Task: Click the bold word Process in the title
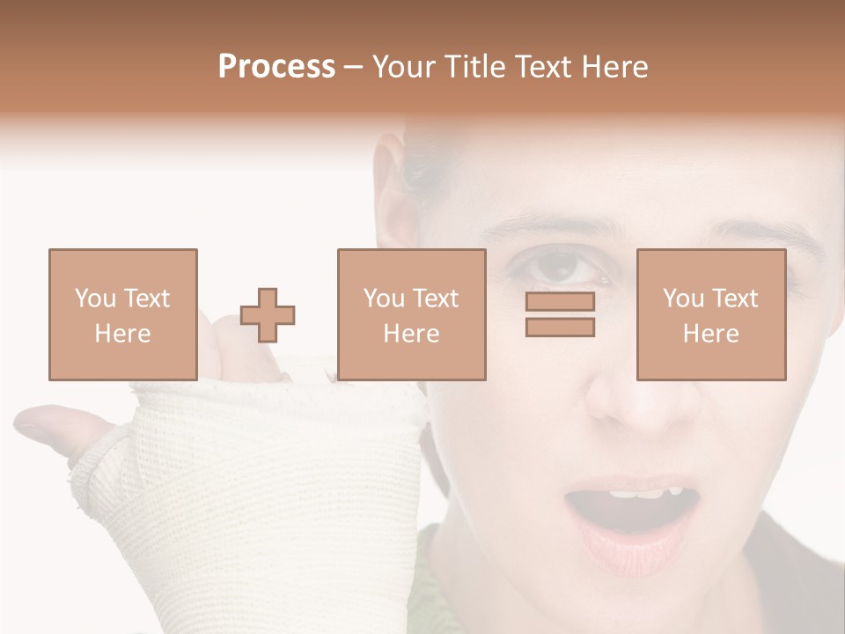coord(276,67)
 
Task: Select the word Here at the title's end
coord(615,67)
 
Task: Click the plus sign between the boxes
coord(268,315)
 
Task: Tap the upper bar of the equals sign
coord(560,302)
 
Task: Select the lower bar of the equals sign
coord(560,327)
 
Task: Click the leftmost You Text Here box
coord(122,314)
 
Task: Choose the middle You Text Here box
coord(411,314)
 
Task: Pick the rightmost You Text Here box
coord(711,314)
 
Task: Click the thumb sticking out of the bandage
coord(53,428)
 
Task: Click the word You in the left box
coord(95,299)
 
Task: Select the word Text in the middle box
coord(436,299)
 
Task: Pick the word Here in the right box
coord(711,334)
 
